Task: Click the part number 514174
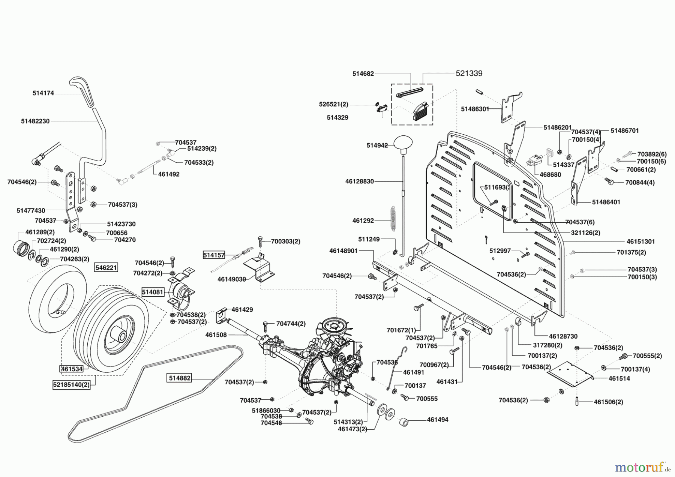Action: click(43, 93)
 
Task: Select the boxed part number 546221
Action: click(106, 267)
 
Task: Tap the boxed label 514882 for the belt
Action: click(180, 378)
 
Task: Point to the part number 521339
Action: click(469, 73)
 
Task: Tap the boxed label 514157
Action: click(214, 255)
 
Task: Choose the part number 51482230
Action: click(35, 121)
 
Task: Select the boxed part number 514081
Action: click(153, 291)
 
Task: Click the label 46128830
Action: click(359, 181)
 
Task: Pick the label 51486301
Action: click(475, 109)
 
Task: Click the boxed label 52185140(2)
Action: click(72, 385)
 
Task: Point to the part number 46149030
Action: click(232, 279)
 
